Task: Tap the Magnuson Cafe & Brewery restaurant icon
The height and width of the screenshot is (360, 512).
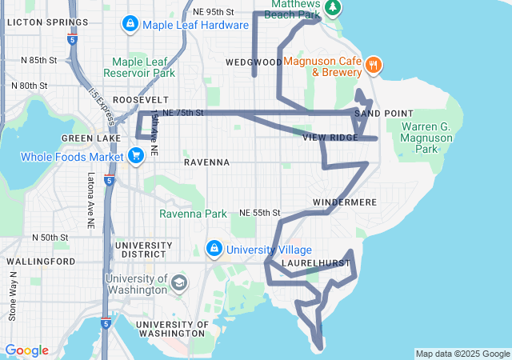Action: coord(373,64)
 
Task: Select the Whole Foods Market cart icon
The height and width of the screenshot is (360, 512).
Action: coord(136,156)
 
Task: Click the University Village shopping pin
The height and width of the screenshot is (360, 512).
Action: coord(214,250)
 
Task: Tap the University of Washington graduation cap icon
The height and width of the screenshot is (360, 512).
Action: coord(179,282)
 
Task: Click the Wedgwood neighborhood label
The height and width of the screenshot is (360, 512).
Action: coord(254,62)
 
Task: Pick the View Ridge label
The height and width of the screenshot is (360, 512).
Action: coord(330,138)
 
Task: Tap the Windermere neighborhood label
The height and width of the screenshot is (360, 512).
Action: coord(344,202)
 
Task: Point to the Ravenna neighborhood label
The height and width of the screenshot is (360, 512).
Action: coord(206,162)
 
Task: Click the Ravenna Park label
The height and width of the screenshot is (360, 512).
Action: coord(193,214)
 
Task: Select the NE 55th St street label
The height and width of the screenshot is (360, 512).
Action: coord(260,213)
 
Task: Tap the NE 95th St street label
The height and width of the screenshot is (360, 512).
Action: coord(214,12)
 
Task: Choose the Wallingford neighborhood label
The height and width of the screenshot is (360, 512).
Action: coord(34,262)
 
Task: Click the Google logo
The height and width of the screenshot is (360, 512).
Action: coord(26,350)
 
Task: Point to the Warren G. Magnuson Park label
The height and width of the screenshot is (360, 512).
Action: coord(431,138)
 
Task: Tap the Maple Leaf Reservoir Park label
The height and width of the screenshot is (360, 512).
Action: coord(144,66)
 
